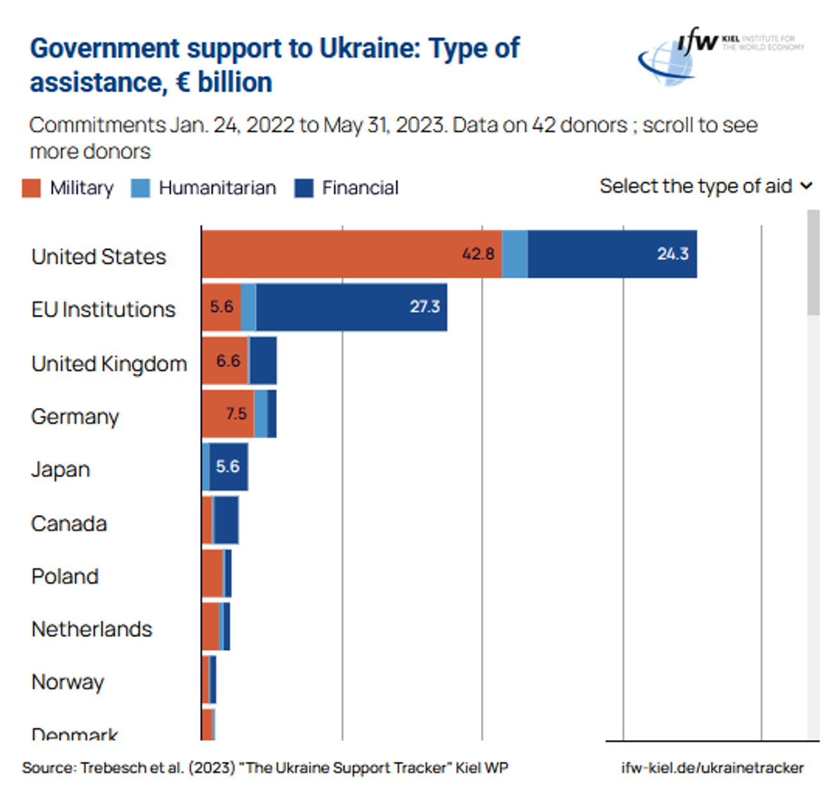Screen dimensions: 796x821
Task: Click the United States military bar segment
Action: tap(351, 254)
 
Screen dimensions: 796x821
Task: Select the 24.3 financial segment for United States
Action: tap(612, 254)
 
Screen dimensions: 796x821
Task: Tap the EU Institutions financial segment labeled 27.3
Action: tap(351, 307)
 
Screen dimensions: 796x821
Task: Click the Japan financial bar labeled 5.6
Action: tap(228, 467)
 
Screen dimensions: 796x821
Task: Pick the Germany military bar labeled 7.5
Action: tap(228, 414)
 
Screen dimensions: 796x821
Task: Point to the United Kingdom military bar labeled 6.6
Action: tap(224, 360)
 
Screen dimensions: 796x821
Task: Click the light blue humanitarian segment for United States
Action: tap(514, 254)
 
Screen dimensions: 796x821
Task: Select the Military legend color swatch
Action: tap(31, 188)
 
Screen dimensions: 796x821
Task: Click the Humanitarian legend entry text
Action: tap(217, 188)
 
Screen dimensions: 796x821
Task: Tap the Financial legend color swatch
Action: tap(303, 188)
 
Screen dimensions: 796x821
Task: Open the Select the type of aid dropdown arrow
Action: tap(806, 186)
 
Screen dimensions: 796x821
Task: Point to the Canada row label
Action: tap(69, 523)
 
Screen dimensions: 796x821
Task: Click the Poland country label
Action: tap(65, 576)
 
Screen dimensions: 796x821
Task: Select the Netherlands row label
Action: tap(92, 629)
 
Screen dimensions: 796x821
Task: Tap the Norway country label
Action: tap(67, 682)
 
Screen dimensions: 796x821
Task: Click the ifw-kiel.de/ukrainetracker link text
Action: tap(712, 768)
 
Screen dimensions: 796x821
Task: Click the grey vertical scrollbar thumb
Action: tap(813, 263)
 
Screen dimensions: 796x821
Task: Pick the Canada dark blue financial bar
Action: tap(226, 520)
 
